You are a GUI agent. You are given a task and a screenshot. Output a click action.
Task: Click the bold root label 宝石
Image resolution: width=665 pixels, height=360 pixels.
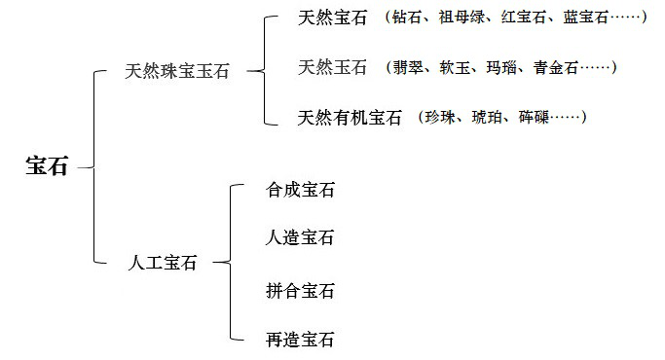[x=47, y=166]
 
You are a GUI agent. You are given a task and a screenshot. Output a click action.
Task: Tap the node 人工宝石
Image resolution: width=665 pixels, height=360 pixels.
[x=163, y=262]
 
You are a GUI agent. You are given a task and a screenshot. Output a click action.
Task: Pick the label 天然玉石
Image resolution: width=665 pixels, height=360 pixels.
[x=333, y=67]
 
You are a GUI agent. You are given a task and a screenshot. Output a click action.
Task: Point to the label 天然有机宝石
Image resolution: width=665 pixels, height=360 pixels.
[x=351, y=118]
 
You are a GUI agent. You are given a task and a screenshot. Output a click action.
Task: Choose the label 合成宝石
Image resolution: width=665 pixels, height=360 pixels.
[x=300, y=191]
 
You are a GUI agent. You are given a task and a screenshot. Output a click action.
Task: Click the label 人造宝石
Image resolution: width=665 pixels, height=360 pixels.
[x=300, y=237]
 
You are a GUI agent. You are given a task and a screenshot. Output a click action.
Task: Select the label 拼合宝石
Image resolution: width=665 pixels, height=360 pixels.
[x=300, y=290]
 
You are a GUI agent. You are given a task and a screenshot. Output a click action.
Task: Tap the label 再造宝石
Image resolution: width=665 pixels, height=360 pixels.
[x=300, y=340]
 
